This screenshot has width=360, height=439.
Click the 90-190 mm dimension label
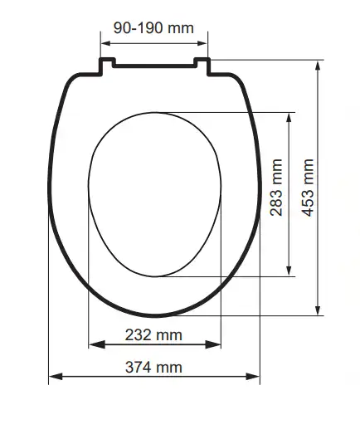[153, 28]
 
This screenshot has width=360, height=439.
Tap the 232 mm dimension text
[153, 334]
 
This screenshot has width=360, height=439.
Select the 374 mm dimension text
[153, 367]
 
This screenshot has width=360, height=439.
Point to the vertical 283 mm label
[276, 188]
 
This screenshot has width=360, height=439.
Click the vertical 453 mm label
[308, 188]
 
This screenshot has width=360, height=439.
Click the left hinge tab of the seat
[107, 66]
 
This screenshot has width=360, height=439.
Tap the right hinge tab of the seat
[202, 66]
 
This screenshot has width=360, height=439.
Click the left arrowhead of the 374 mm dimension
[56, 376]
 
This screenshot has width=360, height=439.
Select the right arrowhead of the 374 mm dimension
[253, 376]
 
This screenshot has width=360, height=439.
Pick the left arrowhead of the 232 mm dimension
[96, 344]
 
